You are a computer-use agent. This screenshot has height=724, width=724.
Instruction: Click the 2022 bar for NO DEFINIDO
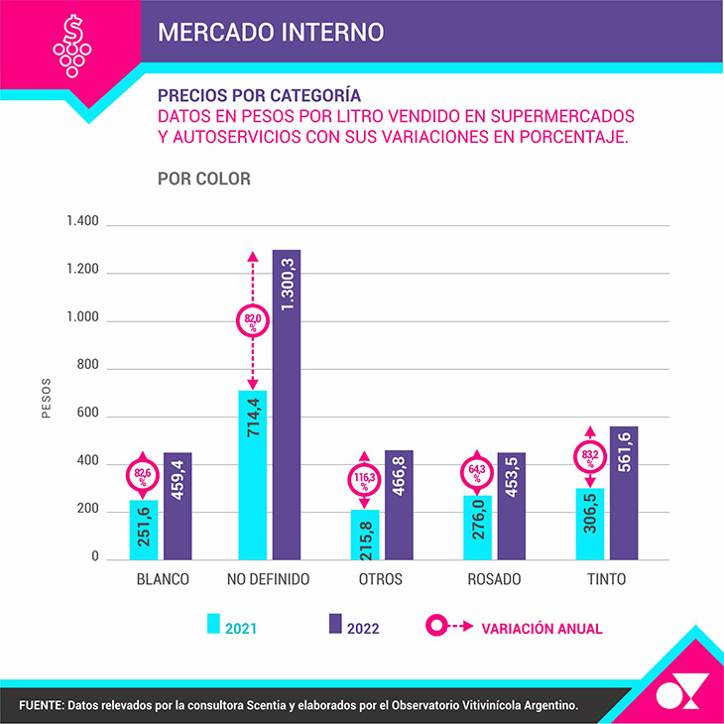coord(286,404)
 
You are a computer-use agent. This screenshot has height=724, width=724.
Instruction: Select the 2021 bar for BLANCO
coord(143,529)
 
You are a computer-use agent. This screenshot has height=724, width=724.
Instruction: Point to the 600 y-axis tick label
coord(87,416)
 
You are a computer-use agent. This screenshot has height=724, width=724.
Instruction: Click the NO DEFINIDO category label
coord(268,579)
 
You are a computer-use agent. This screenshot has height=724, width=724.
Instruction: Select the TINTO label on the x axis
coord(606,579)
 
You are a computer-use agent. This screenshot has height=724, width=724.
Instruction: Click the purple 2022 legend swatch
coord(335,624)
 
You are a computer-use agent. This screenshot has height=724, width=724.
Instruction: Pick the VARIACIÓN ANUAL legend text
coord(542,628)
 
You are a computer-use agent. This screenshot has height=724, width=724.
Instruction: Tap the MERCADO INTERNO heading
coord(270,32)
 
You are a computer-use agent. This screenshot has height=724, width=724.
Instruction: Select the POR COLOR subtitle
coord(203,180)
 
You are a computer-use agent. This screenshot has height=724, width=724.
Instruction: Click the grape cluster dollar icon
coord(70,44)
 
